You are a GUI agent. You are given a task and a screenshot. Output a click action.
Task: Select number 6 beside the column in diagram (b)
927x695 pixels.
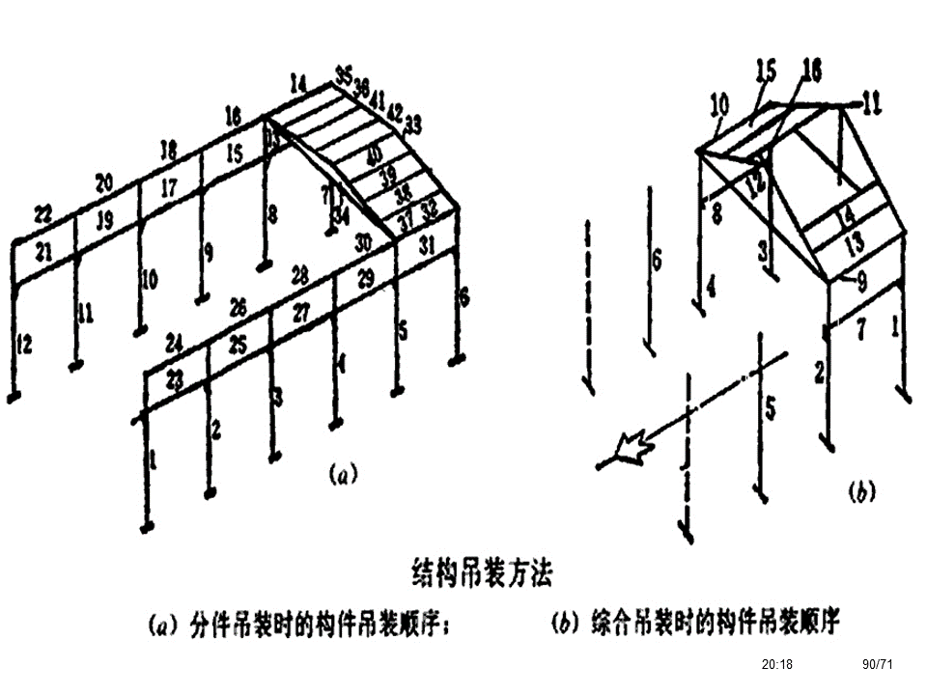coord(657,260)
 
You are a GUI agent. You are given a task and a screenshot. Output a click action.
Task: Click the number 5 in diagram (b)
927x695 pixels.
coord(770,407)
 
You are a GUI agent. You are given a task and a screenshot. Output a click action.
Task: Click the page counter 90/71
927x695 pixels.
coord(878,664)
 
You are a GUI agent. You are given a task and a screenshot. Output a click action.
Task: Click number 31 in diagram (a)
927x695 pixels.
coord(428,246)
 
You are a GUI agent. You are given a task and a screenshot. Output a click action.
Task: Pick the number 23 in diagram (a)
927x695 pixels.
coord(174,378)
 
